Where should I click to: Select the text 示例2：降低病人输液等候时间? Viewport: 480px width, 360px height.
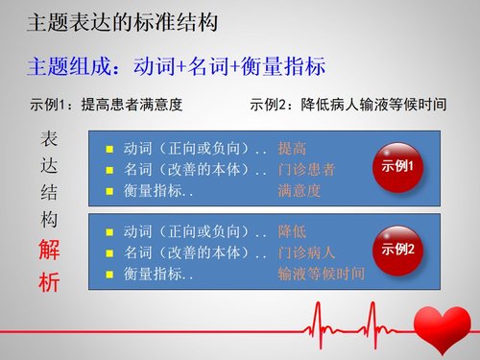(x=347, y=104)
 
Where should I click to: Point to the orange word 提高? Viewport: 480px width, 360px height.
(x=292, y=149)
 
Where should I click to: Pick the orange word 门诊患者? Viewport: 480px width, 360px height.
(x=305, y=169)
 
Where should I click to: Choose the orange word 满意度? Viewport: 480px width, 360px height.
(x=299, y=190)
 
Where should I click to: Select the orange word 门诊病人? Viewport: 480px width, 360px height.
(x=305, y=253)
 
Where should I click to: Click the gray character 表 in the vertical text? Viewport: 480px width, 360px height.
(x=48, y=137)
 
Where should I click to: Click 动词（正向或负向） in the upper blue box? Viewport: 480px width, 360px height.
(x=188, y=149)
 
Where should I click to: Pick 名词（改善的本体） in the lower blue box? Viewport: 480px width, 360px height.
(x=188, y=253)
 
